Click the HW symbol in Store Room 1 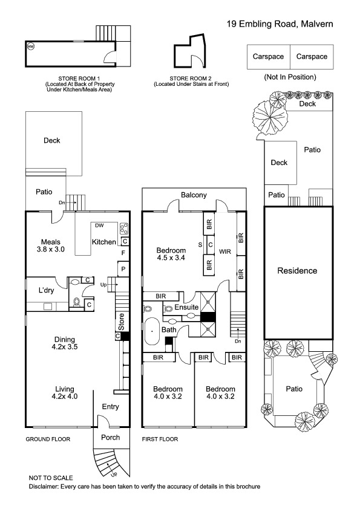(x=30, y=47)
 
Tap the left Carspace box (x=269, y=57)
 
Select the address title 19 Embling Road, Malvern (x=280, y=24)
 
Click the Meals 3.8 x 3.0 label (x=51, y=246)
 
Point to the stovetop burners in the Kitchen (x=124, y=229)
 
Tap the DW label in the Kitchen (x=99, y=225)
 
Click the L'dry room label (x=46, y=290)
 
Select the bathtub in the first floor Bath (x=152, y=331)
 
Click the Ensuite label (x=186, y=307)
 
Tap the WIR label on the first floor (x=225, y=251)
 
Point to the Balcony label (x=194, y=195)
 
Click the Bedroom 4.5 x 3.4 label (x=171, y=254)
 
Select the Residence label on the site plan (x=297, y=271)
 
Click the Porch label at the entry (x=111, y=438)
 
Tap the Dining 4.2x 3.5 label (x=65, y=343)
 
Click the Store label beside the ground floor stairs (x=121, y=322)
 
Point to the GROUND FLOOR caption (x=48, y=439)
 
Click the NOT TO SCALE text (x=51, y=478)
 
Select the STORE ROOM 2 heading (x=191, y=79)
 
